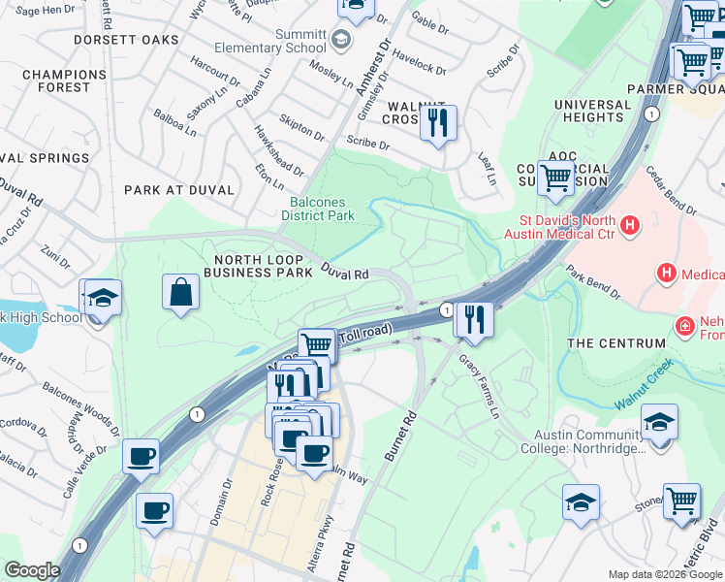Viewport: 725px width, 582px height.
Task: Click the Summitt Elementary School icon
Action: pyautogui.click(x=340, y=40)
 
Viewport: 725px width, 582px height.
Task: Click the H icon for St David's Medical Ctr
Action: pyautogui.click(x=630, y=227)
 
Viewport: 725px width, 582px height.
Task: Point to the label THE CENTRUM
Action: pyautogui.click(x=616, y=343)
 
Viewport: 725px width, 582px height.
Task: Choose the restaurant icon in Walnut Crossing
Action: pyautogui.click(x=438, y=122)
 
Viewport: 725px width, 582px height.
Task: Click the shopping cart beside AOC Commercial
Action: pyautogui.click(x=555, y=178)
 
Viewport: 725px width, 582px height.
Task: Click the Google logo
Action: pyautogui.click(x=32, y=570)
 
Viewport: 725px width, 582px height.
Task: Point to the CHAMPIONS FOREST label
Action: pyautogui.click(x=57, y=81)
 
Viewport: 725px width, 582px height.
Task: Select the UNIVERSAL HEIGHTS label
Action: pyautogui.click(x=593, y=111)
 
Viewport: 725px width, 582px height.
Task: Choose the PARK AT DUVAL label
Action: pyautogui.click(x=180, y=190)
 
